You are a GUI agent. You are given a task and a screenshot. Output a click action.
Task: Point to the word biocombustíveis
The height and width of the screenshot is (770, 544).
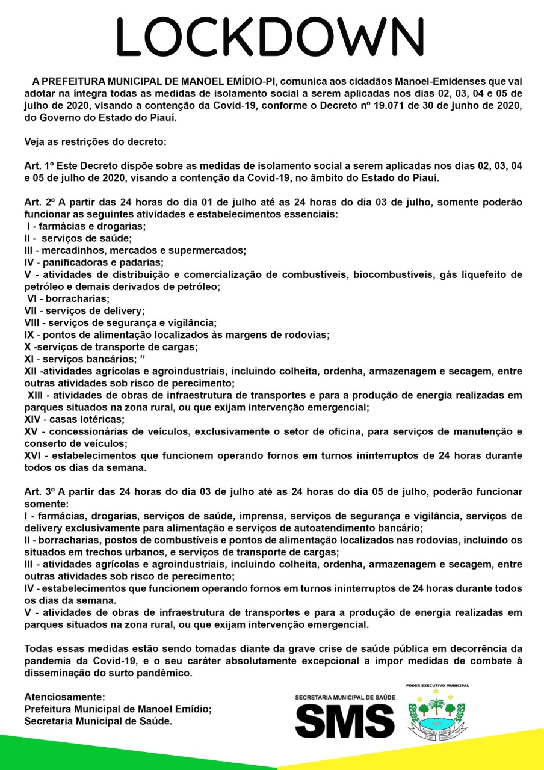point(398,274)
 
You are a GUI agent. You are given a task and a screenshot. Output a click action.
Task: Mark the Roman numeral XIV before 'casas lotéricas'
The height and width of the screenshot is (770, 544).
point(33,419)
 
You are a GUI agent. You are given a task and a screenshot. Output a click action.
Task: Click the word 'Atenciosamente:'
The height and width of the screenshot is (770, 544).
point(64,697)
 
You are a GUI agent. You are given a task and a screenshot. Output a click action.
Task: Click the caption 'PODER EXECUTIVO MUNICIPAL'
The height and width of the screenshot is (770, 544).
point(437,685)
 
